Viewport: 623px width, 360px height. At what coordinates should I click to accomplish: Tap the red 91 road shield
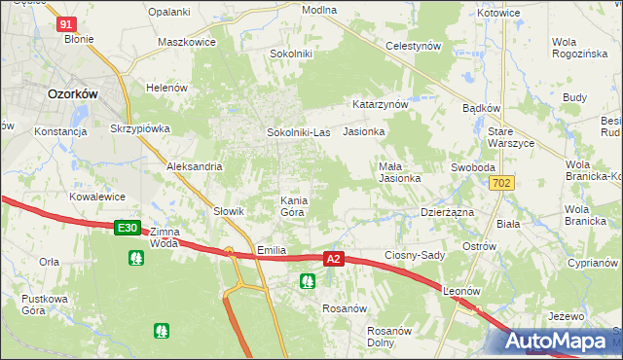coord(66,24)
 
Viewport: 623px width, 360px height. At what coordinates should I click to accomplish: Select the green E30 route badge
coord(127,228)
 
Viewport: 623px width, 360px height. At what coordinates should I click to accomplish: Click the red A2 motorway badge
coord(334,259)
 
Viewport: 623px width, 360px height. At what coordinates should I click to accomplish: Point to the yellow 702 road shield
coord(502,183)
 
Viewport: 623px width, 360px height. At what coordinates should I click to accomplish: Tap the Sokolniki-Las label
coord(298,132)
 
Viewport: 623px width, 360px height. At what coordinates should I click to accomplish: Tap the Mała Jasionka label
coord(399,172)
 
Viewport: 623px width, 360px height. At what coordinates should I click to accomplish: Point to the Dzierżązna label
coord(447,211)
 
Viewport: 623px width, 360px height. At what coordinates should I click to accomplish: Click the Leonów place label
coord(462,291)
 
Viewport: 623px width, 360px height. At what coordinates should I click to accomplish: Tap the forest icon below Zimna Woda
coord(135,258)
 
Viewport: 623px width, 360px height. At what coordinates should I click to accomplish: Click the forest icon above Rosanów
coord(308,282)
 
